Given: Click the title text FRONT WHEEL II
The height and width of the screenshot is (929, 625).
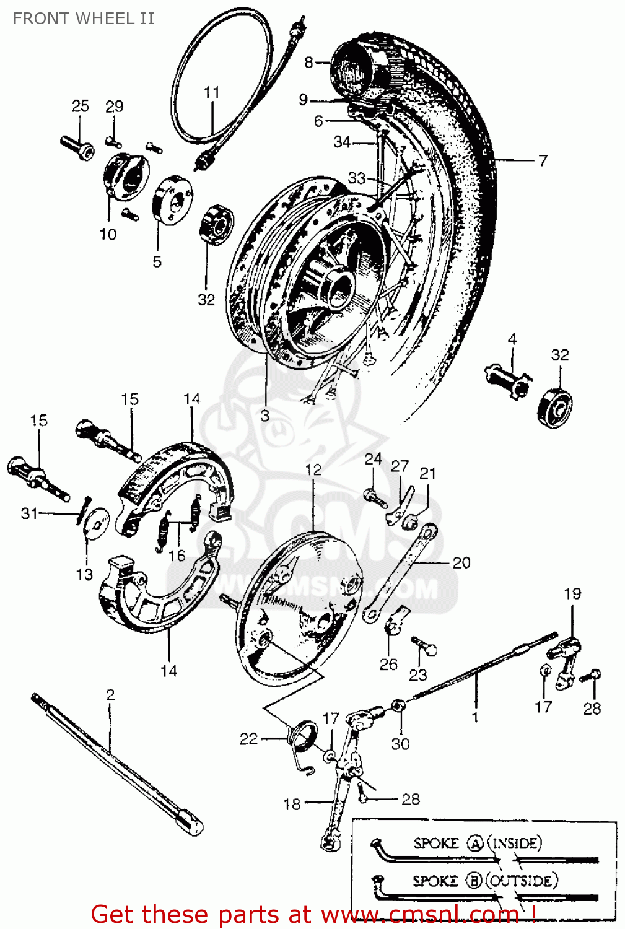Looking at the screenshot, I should tap(84, 19).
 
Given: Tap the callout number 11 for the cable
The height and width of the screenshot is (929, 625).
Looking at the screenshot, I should tap(212, 92).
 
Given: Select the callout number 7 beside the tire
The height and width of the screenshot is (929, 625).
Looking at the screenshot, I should tap(543, 160).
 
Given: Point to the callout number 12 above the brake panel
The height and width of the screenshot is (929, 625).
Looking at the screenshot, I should tap(313, 469).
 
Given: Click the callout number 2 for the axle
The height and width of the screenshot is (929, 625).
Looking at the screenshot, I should tap(110, 694).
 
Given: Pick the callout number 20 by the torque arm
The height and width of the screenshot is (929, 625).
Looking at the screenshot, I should tap(461, 562).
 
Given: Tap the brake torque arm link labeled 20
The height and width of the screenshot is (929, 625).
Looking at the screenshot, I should tap(400, 573).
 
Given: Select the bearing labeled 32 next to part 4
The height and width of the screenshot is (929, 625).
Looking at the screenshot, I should tap(556, 408).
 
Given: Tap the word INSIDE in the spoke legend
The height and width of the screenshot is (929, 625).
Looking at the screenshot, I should tap(516, 843).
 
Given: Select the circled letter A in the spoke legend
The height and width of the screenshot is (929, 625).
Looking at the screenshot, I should tap(474, 844).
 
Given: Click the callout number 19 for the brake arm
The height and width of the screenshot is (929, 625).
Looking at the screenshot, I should tap(572, 593).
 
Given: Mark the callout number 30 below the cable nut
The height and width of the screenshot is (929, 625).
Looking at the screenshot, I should tap(400, 743).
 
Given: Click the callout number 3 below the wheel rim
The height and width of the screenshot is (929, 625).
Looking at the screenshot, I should tap(265, 415).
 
